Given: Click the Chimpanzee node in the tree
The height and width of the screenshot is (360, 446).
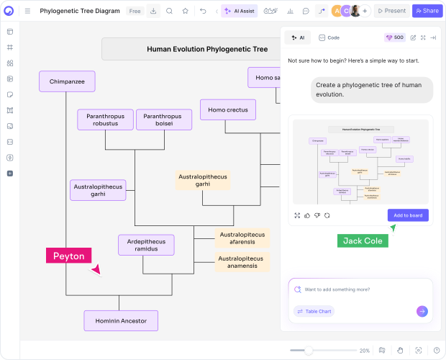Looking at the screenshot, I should (67, 81).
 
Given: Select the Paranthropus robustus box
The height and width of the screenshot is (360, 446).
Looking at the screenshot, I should (105, 120).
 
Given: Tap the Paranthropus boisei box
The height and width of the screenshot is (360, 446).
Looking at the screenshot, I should (163, 120).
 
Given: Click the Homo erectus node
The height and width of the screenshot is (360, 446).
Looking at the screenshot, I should (227, 110).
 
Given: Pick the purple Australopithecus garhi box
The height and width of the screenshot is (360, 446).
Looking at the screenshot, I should (98, 190).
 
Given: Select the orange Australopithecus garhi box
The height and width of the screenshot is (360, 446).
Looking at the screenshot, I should (202, 180).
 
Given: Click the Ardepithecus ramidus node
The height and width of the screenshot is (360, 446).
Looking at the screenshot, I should (146, 245).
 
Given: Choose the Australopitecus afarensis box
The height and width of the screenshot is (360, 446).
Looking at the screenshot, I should (242, 238).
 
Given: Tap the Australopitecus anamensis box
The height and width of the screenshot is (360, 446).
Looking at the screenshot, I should (242, 261).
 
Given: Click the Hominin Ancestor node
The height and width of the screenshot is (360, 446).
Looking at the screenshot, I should (121, 320).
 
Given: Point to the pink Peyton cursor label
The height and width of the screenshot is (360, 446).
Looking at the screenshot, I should (68, 256).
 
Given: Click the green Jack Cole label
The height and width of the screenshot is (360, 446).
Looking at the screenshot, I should (363, 240).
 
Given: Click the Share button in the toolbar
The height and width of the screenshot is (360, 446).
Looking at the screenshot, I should (427, 11).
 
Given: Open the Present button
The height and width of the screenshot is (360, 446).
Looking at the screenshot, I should (391, 11).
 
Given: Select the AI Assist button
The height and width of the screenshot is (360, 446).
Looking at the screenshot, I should (239, 11).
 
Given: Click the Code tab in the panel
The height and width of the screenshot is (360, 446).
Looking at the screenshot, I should (329, 37).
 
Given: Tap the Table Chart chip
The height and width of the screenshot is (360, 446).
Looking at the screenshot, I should (314, 311).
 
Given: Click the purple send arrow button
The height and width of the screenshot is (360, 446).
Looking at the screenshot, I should (422, 311).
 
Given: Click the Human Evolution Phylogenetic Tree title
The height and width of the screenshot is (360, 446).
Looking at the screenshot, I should (206, 50).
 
